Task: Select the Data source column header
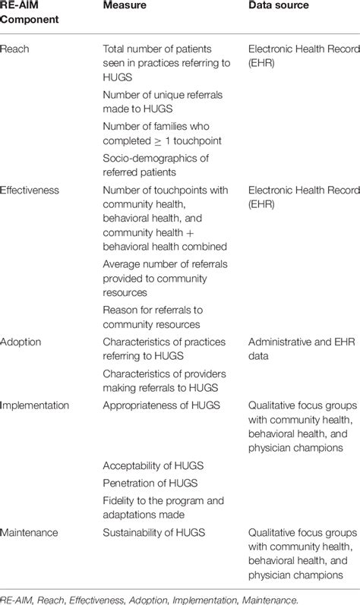tap(280, 5)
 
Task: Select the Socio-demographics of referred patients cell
tap(155, 165)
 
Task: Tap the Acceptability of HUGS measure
tap(153, 465)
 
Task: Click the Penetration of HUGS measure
tap(150, 482)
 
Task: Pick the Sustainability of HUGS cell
tap(154, 534)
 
